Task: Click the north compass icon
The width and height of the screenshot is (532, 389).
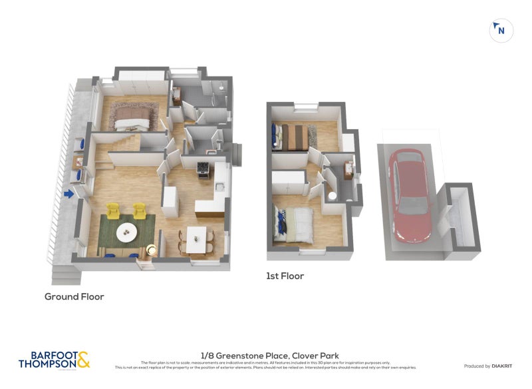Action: tap(501, 30)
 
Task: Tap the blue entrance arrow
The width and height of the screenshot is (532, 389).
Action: tap(67, 195)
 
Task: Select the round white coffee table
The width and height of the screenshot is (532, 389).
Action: tap(126, 232)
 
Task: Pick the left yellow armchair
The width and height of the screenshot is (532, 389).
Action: tap(113, 211)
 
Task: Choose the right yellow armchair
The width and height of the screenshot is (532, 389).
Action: tap(140, 211)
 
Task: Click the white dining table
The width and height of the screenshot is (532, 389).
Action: tap(196, 239)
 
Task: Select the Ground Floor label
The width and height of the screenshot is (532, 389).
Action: tap(74, 296)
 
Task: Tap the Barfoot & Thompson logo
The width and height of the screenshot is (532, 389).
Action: tap(53, 360)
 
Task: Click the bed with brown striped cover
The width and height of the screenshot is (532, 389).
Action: tap(292, 137)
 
